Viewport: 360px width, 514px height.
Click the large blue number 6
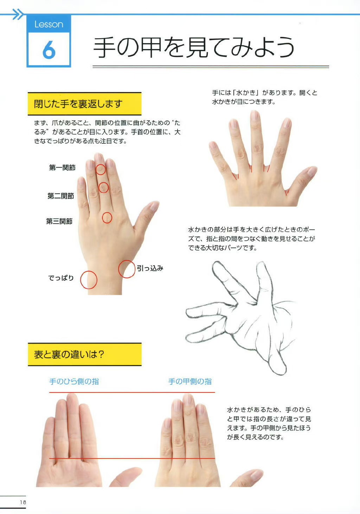pos(49,50)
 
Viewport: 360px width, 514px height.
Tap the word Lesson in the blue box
pos(49,24)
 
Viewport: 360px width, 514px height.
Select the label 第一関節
pos(62,168)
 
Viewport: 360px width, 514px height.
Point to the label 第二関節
pos(61,196)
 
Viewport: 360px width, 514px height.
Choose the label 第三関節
pos(59,221)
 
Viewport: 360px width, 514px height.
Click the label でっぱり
pos(61,278)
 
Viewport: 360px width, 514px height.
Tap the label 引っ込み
pos(150,268)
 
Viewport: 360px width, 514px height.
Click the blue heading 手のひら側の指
pos(74,381)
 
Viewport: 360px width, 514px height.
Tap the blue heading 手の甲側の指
pos(190,381)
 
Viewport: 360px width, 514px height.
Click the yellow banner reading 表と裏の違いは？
pos(84,354)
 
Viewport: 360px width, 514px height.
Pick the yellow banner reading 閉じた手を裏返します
pos(84,104)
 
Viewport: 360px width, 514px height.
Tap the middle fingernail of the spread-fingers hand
pos(255,116)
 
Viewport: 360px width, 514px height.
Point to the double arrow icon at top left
pos(18,14)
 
